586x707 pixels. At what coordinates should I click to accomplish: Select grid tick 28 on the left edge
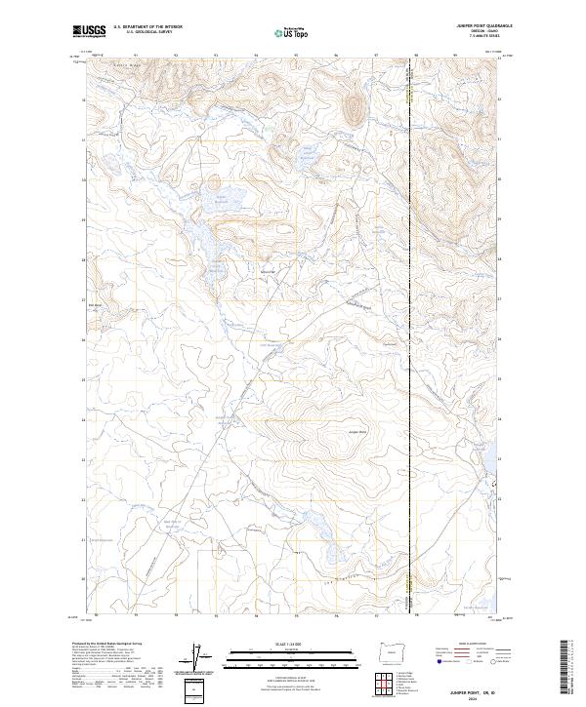(x=83, y=260)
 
